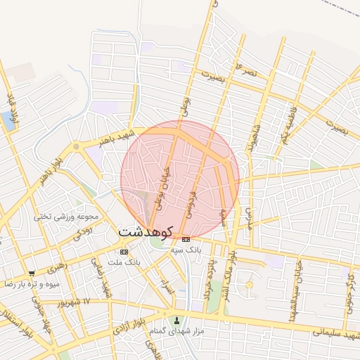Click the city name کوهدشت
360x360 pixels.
pos(146,231)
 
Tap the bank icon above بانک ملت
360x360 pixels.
pos(124,252)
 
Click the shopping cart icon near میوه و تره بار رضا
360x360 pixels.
pos(32,274)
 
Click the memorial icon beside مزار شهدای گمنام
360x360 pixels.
pos(177,321)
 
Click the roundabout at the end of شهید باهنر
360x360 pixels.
pos(76,147)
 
